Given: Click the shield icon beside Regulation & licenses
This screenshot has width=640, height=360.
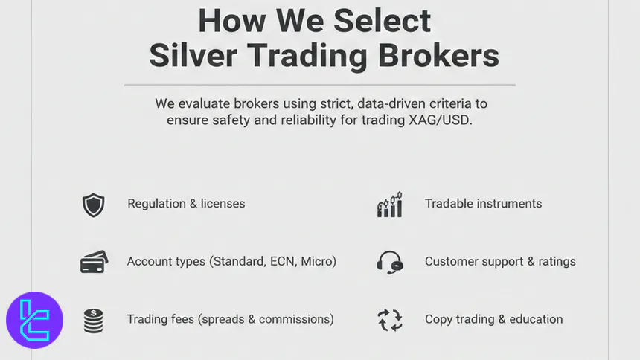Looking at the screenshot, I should [x=93, y=205].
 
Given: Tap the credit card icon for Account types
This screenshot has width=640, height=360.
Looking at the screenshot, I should [x=94, y=262].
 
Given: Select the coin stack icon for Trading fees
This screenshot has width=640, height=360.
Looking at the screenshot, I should [x=93, y=320].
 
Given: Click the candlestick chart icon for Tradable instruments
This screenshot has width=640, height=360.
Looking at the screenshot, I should [x=390, y=204].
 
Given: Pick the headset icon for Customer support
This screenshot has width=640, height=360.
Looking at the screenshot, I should [x=390, y=262].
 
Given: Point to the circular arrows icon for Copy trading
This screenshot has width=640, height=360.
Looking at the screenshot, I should [x=390, y=320].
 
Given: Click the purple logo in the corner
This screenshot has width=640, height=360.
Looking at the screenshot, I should [x=34, y=321].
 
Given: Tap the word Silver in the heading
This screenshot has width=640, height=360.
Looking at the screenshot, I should [x=193, y=56].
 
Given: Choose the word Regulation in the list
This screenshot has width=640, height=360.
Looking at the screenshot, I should [x=157, y=204].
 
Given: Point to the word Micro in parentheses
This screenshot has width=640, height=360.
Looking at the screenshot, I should [x=317, y=261].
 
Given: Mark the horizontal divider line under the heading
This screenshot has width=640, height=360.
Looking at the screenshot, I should [x=319, y=85].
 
